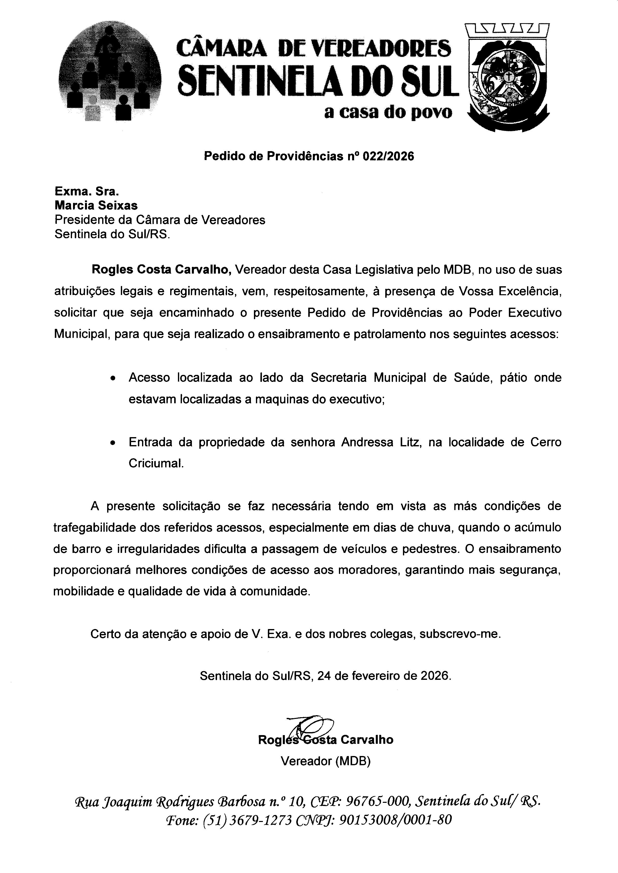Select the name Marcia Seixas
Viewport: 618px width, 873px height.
[96, 206]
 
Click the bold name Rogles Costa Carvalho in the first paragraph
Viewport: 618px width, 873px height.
[161, 270]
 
